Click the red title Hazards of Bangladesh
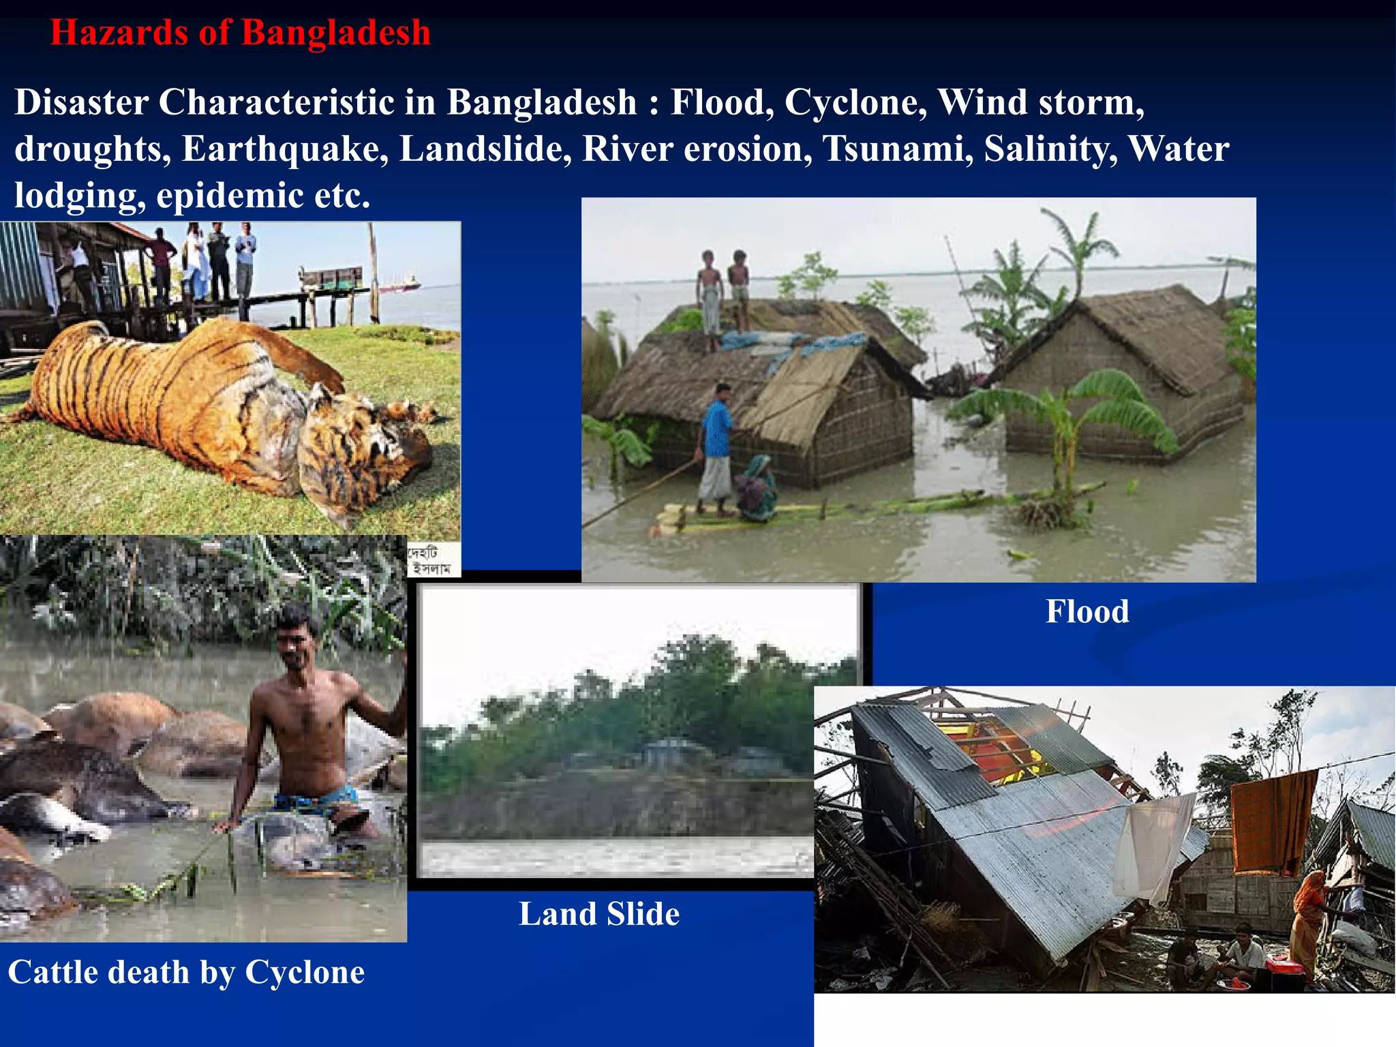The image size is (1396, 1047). coord(240,33)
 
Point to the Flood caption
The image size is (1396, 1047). coord(1087,611)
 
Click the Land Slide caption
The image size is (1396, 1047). coord(599,914)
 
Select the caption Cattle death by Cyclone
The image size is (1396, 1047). coord(186,972)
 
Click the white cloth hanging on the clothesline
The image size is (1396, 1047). coord(1154,845)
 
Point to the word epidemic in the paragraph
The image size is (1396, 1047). coord(230,196)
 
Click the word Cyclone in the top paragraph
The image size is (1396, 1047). coord(855,102)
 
